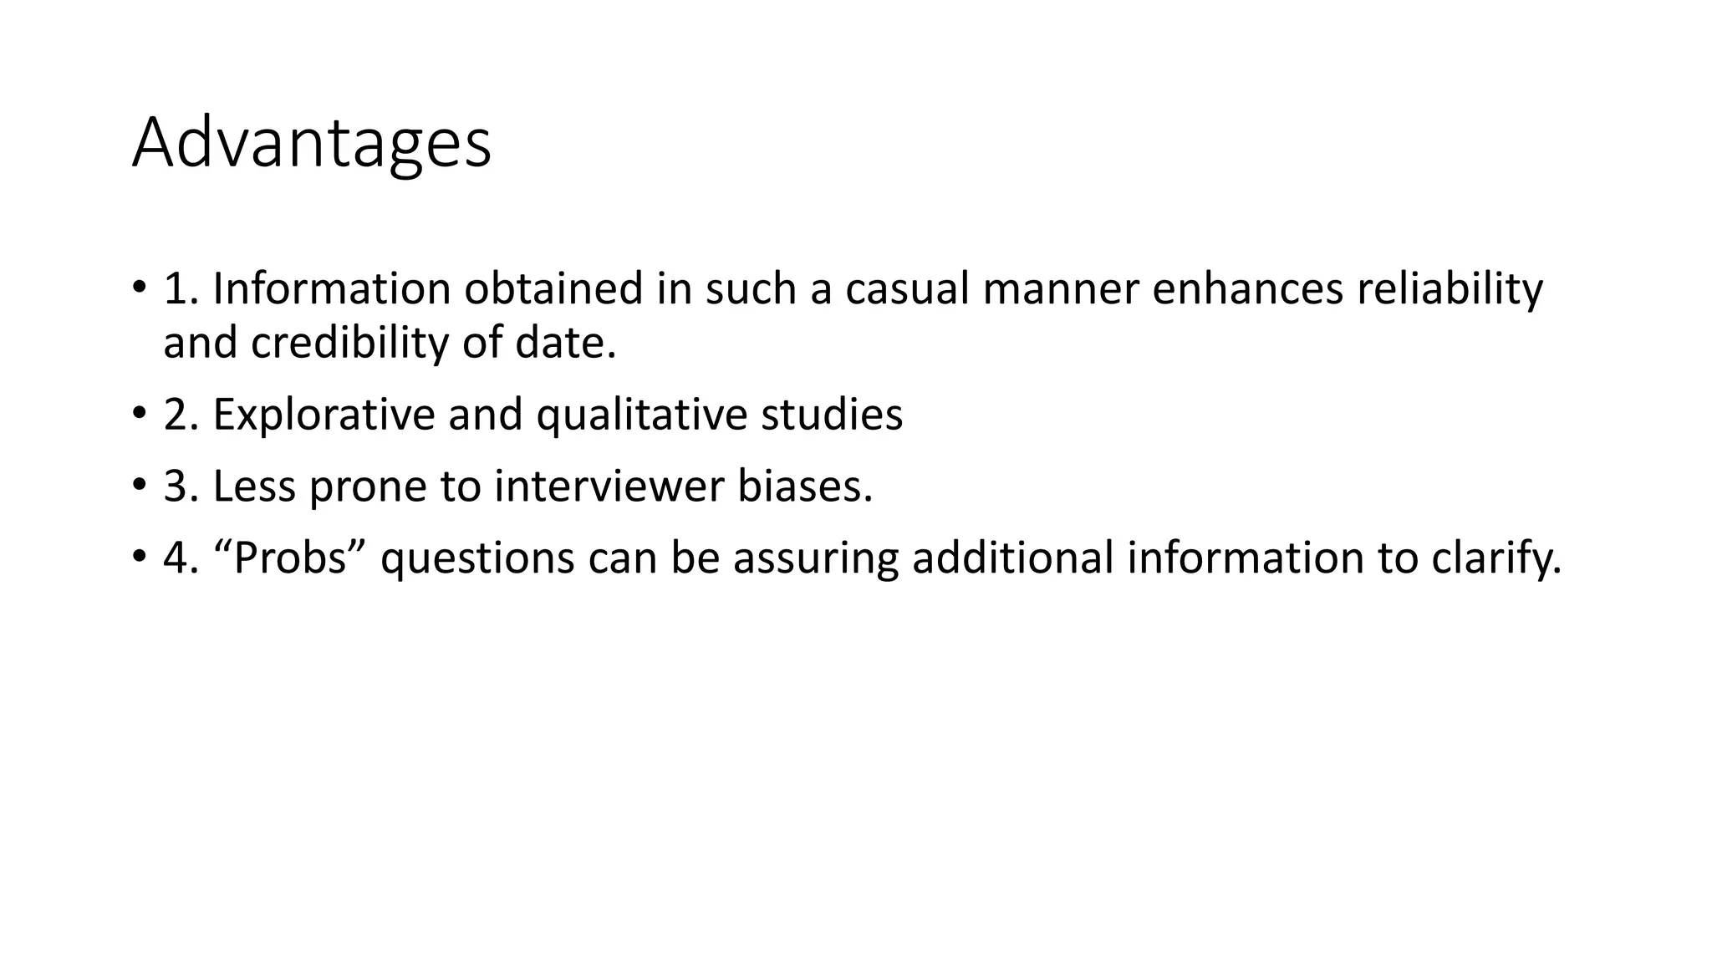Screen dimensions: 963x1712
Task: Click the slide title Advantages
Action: [311, 144]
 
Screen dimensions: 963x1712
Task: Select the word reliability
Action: [1449, 289]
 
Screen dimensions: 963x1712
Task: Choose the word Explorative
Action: [324, 415]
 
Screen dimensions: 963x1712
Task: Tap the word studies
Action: [832, 415]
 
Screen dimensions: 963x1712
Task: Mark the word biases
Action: [804, 487]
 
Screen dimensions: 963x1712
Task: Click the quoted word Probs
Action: [290, 558]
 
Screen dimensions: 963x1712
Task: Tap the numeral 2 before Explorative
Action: [176, 415]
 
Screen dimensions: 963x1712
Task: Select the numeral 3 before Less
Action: [176, 487]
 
